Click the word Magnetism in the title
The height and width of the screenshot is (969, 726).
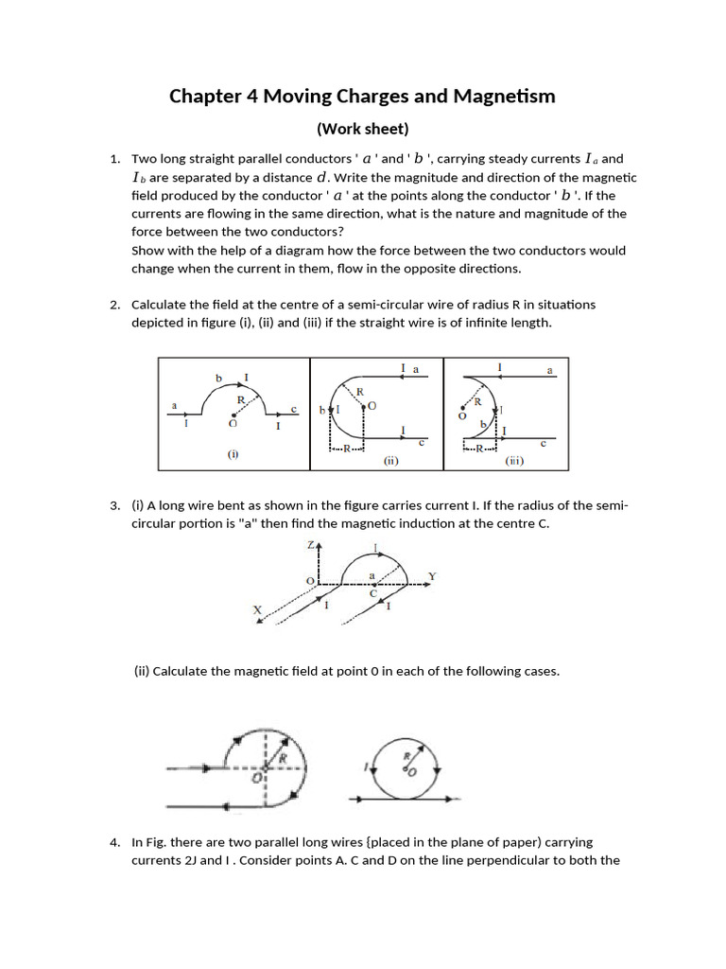502,97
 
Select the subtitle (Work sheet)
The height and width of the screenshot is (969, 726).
362,129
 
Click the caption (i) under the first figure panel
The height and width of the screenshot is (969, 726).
233,453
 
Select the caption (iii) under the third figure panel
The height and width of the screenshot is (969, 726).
514,461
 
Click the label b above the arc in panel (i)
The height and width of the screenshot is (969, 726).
218,378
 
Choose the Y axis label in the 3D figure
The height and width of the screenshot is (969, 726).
431,576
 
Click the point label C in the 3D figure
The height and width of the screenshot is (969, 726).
373,594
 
